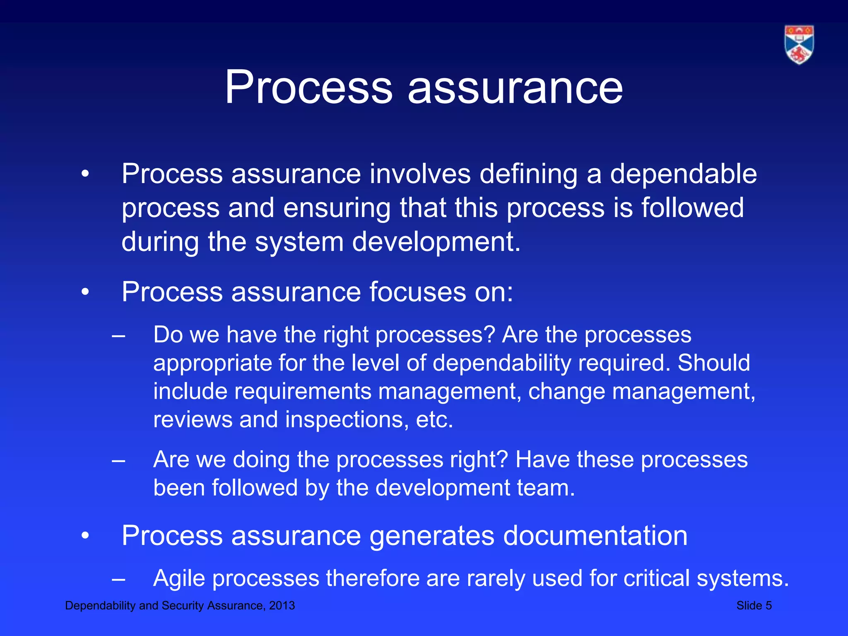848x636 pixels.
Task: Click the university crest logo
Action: click(799, 45)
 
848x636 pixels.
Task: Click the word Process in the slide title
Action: click(308, 87)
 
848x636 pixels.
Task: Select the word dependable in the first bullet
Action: click(683, 173)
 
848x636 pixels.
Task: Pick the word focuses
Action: click(417, 292)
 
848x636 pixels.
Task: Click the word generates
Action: click(432, 536)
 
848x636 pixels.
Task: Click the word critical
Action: click(656, 578)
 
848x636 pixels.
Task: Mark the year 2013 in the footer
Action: click(282, 605)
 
